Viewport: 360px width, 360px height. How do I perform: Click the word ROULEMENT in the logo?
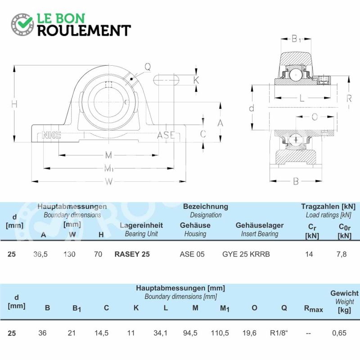(x=84, y=31)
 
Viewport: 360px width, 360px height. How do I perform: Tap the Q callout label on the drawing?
(x=148, y=67)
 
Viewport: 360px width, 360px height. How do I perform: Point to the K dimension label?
(x=196, y=80)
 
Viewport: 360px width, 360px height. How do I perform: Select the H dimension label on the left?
(x=14, y=104)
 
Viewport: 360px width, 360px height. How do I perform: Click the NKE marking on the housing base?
(x=51, y=135)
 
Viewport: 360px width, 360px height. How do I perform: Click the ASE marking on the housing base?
(x=166, y=135)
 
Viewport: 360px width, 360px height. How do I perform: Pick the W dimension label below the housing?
(x=109, y=182)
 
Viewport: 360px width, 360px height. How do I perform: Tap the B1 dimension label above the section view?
(x=296, y=39)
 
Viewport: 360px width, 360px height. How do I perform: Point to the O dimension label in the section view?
(x=315, y=117)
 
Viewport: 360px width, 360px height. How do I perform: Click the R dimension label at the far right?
(x=349, y=99)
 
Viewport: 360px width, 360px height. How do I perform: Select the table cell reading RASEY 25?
(x=132, y=254)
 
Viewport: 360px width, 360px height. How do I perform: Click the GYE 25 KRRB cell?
(x=246, y=254)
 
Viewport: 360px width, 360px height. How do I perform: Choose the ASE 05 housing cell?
(x=192, y=254)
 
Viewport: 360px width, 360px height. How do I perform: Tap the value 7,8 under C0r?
(x=342, y=254)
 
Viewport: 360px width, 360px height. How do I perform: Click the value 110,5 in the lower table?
(x=220, y=333)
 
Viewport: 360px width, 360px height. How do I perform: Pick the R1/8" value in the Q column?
(x=279, y=333)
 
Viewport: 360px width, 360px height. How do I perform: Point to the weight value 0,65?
(x=339, y=333)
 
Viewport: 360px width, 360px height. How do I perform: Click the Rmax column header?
(x=313, y=309)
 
